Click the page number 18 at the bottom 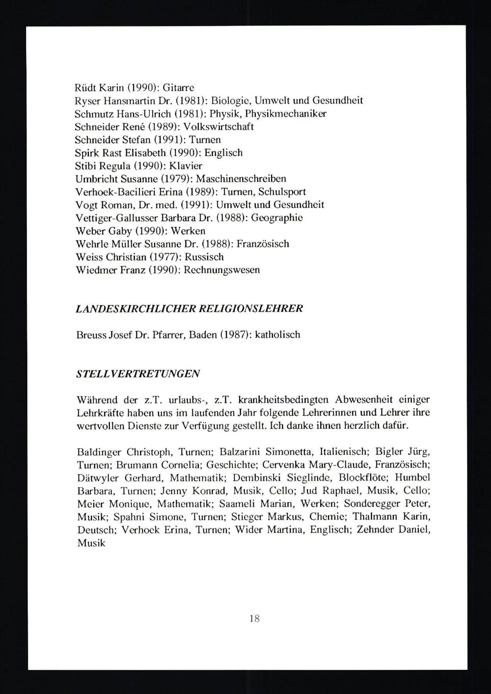(254, 619)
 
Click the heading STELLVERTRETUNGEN (138, 373)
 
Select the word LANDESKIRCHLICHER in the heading (136, 308)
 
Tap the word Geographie (277, 218)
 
